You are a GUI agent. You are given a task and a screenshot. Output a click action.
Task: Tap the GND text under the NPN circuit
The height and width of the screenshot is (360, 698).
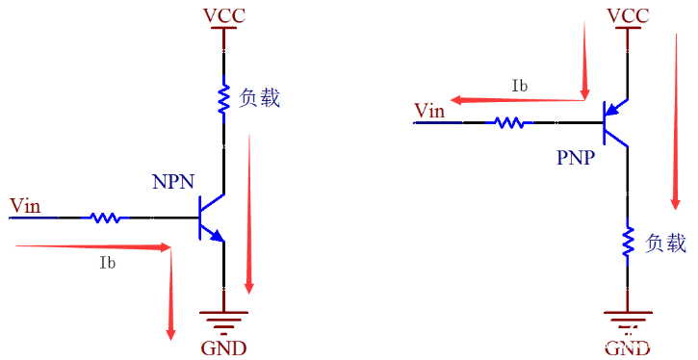pyautogui.click(x=223, y=347)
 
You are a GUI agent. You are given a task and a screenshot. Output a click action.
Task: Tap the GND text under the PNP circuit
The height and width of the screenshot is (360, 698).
pyautogui.click(x=628, y=347)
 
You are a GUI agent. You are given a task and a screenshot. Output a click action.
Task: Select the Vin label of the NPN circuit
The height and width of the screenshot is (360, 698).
pyautogui.click(x=25, y=205)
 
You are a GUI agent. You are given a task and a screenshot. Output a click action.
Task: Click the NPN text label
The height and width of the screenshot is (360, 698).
pyautogui.click(x=173, y=181)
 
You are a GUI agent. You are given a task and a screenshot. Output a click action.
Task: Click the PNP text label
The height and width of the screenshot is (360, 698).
pyautogui.click(x=578, y=157)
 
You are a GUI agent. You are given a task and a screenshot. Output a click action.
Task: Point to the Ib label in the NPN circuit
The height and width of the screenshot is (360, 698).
pyautogui.click(x=108, y=262)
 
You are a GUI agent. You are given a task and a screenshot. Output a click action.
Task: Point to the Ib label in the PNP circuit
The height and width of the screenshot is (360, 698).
pyautogui.click(x=520, y=86)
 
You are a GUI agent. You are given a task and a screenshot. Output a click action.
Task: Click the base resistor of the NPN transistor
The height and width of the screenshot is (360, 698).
pyautogui.click(x=107, y=218)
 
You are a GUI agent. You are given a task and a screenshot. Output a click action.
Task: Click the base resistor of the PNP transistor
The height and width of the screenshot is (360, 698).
pyautogui.click(x=510, y=122)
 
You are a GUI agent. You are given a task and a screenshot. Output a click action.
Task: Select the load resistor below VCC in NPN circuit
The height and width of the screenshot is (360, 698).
pyautogui.click(x=223, y=99)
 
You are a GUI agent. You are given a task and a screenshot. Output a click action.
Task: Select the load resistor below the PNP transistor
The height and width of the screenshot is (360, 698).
pyautogui.click(x=628, y=242)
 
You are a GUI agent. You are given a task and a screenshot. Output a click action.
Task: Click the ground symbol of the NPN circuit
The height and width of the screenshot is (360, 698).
pyautogui.click(x=223, y=318)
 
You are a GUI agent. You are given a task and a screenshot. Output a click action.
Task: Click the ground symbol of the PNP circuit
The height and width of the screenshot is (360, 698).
pyautogui.click(x=628, y=318)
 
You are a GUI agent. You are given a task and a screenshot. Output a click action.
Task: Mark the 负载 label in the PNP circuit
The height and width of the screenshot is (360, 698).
pyautogui.click(x=664, y=242)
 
